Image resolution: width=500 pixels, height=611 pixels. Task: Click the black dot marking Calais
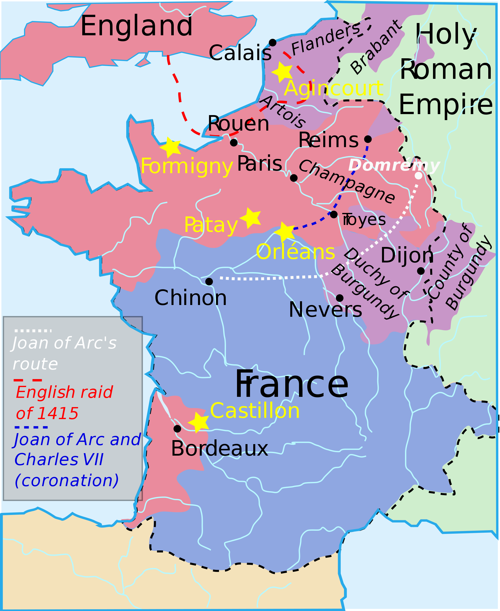click(272, 43)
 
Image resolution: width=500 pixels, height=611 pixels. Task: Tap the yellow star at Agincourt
click(282, 72)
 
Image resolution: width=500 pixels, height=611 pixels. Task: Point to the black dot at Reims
click(368, 139)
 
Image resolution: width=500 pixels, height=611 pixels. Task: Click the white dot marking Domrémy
click(418, 175)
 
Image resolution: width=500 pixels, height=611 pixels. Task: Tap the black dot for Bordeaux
click(177, 429)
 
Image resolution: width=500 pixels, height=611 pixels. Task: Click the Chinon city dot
click(209, 281)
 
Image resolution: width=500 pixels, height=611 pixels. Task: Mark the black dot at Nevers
click(339, 298)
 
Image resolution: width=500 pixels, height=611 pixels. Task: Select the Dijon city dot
click(421, 271)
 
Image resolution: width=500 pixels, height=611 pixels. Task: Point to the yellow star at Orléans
click(284, 232)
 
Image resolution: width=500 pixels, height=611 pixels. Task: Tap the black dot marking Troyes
click(333, 214)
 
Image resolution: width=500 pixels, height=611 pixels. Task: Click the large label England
click(136, 26)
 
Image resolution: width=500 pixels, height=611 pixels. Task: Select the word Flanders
click(325, 40)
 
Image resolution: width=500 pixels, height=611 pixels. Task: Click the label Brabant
click(375, 48)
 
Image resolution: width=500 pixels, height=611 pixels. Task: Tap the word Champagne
click(346, 182)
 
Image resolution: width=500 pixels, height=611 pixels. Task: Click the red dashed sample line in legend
click(28, 380)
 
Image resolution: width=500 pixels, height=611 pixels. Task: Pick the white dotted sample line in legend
click(33, 331)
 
